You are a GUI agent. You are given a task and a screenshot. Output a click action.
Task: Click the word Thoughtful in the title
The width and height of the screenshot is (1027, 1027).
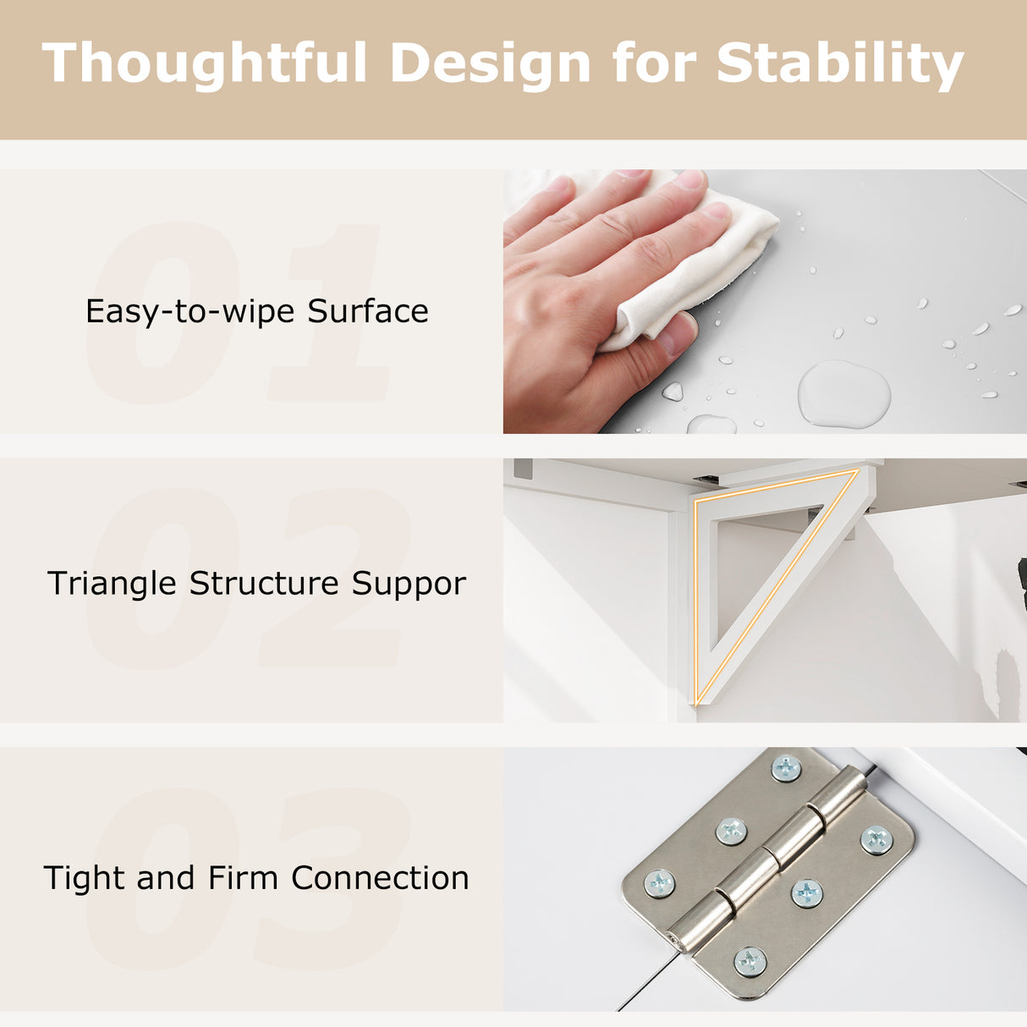click(x=205, y=64)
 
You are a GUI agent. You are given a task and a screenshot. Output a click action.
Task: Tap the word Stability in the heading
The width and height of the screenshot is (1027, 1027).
click(x=839, y=64)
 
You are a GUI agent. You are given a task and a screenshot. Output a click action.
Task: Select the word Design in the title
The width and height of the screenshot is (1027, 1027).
click(x=490, y=64)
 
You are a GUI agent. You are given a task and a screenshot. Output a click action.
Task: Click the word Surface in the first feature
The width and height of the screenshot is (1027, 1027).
click(x=367, y=311)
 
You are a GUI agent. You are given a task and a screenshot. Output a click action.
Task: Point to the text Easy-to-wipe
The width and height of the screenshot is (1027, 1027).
click(x=190, y=311)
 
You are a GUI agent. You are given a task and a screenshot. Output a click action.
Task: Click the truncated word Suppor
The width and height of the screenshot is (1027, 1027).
click(x=409, y=584)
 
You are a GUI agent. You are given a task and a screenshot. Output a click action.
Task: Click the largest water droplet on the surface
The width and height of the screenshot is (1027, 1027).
click(x=843, y=394)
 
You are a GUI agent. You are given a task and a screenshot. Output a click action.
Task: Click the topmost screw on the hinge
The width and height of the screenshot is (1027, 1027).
click(x=786, y=768)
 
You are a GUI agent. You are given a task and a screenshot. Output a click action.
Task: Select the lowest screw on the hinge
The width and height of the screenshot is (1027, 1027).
click(x=750, y=961)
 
